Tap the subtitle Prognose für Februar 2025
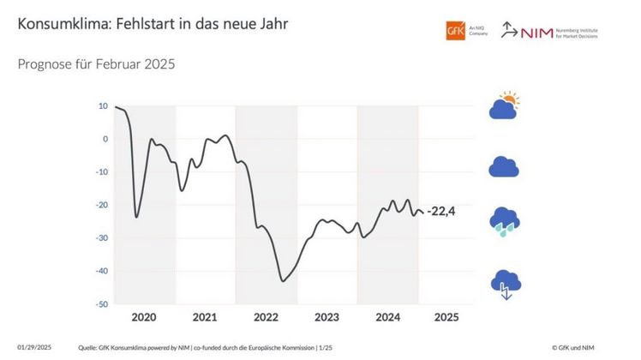[96, 64]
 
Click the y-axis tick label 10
[103, 106]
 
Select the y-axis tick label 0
[105, 139]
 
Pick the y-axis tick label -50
[101, 304]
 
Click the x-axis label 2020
[144, 317]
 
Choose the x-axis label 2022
[266, 317]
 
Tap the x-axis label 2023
[326, 317]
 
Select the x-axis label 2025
[446, 317]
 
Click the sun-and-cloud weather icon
[504, 105]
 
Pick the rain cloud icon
[504, 221]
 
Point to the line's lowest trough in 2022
[283, 280]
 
